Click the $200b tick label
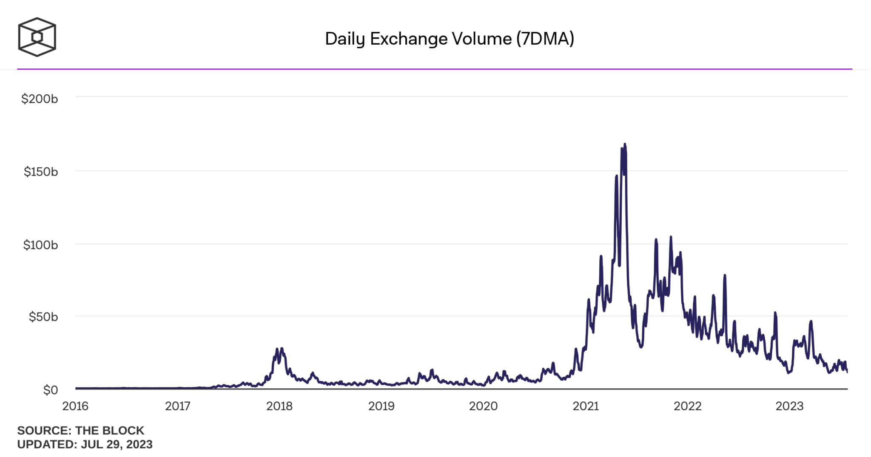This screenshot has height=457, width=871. click(x=40, y=99)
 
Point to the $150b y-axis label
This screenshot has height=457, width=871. click(x=41, y=172)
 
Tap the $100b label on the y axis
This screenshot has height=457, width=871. click(x=40, y=245)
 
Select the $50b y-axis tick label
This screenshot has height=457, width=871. click(x=43, y=317)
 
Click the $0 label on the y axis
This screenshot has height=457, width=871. click(x=50, y=390)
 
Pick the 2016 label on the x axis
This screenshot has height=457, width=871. click(x=75, y=406)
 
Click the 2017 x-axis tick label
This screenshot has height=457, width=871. click(x=177, y=406)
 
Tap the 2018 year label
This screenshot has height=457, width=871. click(x=279, y=406)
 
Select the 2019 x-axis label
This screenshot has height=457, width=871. click(x=381, y=406)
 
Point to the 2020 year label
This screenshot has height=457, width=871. click(x=483, y=406)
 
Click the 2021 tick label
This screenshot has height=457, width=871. click(x=586, y=406)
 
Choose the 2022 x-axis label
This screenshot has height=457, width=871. click(x=687, y=406)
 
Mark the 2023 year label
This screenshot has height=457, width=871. click(x=789, y=406)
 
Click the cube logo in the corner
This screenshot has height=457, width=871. click(x=37, y=37)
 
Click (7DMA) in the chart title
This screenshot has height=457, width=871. click(x=545, y=39)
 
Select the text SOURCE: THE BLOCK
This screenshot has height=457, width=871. click(x=80, y=430)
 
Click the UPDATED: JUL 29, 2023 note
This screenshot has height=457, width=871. click(x=85, y=444)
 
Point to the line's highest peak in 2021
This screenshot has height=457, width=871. click(x=624, y=145)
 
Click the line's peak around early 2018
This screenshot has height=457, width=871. click(x=282, y=349)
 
